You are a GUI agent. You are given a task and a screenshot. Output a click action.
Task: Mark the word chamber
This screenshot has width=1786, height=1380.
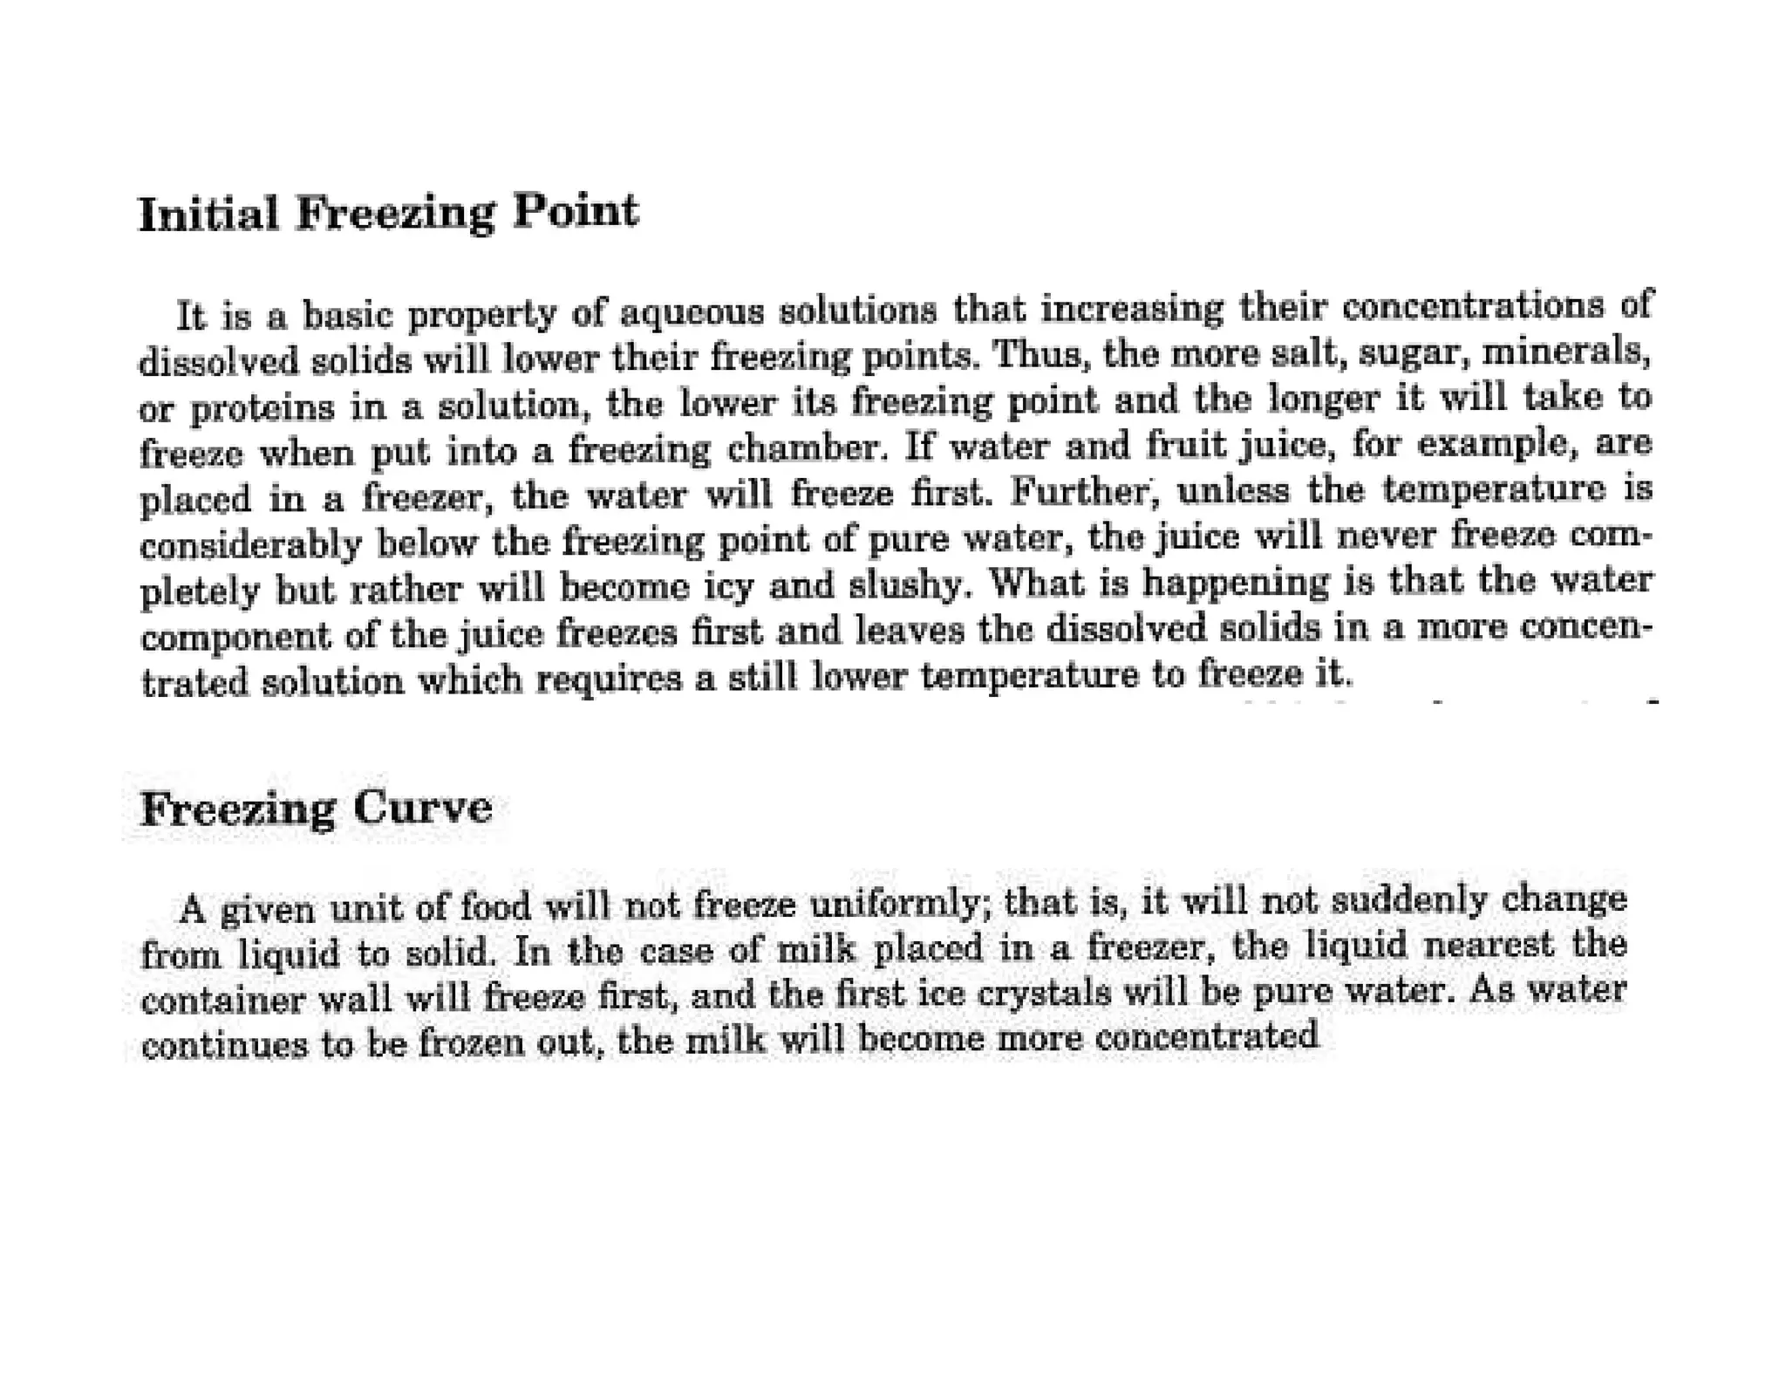[x=805, y=448]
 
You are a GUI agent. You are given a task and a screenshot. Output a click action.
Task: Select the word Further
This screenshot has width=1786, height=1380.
[x=1087, y=493]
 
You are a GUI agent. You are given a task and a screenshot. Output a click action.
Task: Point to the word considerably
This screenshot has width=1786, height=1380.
[x=250, y=543]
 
